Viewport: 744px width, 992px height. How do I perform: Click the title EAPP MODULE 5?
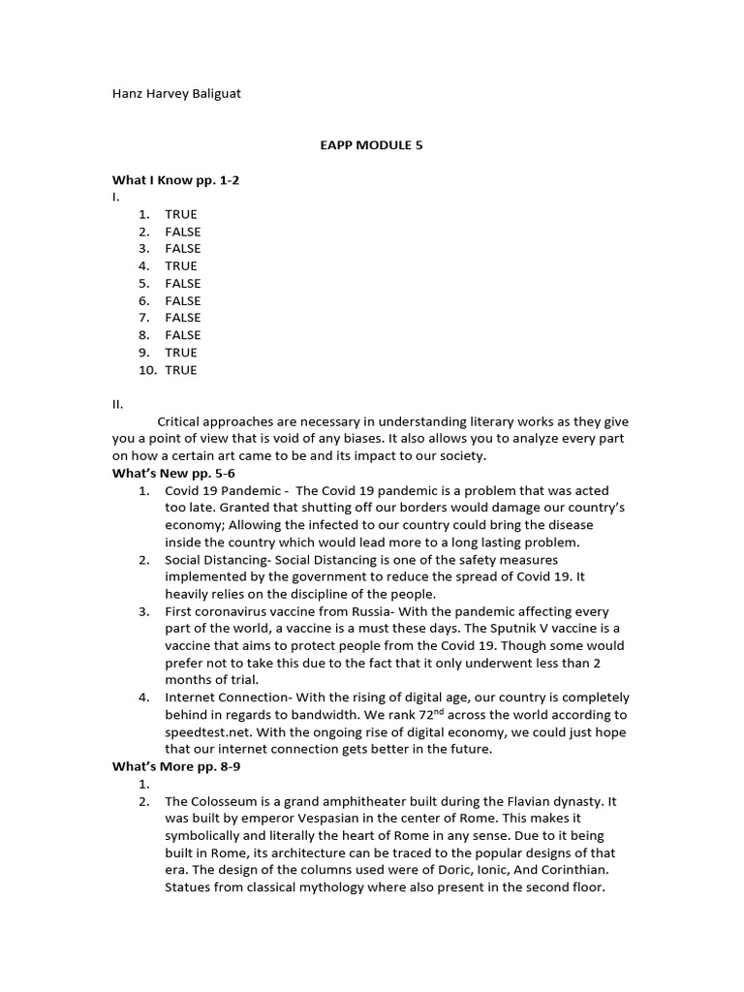(372, 145)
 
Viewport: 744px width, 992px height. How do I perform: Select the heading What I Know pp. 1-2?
(176, 180)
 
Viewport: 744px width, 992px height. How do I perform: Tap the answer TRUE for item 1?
(180, 214)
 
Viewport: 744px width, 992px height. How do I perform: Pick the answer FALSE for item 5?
(182, 283)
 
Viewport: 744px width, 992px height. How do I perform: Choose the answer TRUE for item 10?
(180, 369)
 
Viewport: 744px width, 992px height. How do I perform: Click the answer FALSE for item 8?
(182, 335)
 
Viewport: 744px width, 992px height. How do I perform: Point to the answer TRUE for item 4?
(180, 265)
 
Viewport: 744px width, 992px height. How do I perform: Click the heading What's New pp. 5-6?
(173, 473)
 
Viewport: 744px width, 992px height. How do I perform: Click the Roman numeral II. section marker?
(117, 404)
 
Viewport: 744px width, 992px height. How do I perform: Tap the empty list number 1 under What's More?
(143, 784)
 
